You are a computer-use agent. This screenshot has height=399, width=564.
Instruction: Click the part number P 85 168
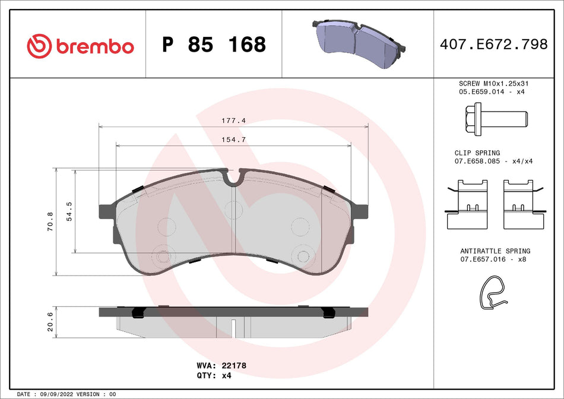(214, 45)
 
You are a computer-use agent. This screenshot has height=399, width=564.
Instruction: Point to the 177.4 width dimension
(233, 121)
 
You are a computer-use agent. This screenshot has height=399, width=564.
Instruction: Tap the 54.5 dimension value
(69, 211)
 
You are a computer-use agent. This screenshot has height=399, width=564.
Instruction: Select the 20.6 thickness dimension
(51, 322)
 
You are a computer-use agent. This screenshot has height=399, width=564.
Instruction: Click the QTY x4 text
(226, 376)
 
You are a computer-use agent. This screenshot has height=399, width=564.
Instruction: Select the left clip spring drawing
(467, 204)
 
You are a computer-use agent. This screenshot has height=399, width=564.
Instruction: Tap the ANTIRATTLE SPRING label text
(495, 251)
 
